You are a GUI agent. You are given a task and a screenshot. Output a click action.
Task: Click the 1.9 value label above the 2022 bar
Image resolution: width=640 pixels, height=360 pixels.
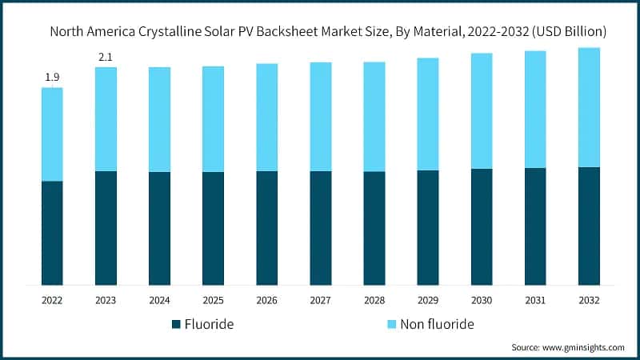pos(52,78)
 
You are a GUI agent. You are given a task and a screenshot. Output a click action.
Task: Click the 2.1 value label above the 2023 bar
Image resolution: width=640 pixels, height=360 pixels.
pos(106,57)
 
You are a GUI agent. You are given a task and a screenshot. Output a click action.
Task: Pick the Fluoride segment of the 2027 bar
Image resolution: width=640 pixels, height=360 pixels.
pos(321,228)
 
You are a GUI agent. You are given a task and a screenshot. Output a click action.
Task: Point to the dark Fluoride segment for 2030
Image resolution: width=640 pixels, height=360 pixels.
pos(482,226)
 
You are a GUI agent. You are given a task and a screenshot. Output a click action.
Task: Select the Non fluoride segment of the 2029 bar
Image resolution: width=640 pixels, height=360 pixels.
pos(428,114)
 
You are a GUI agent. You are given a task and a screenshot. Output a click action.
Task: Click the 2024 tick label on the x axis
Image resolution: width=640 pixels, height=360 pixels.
pos(159,299)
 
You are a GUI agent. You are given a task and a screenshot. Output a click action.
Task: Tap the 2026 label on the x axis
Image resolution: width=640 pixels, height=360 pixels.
pos(266,299)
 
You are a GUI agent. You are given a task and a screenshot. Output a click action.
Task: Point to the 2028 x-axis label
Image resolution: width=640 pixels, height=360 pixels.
pos(374,299)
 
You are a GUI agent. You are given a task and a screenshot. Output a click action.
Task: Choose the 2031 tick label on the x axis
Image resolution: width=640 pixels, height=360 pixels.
pos(535,299)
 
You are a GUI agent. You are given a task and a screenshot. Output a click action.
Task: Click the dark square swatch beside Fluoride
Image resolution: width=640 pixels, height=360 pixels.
pos(176,324)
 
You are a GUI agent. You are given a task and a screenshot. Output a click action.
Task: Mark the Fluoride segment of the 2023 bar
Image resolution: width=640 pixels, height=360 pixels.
pos(106,228)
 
